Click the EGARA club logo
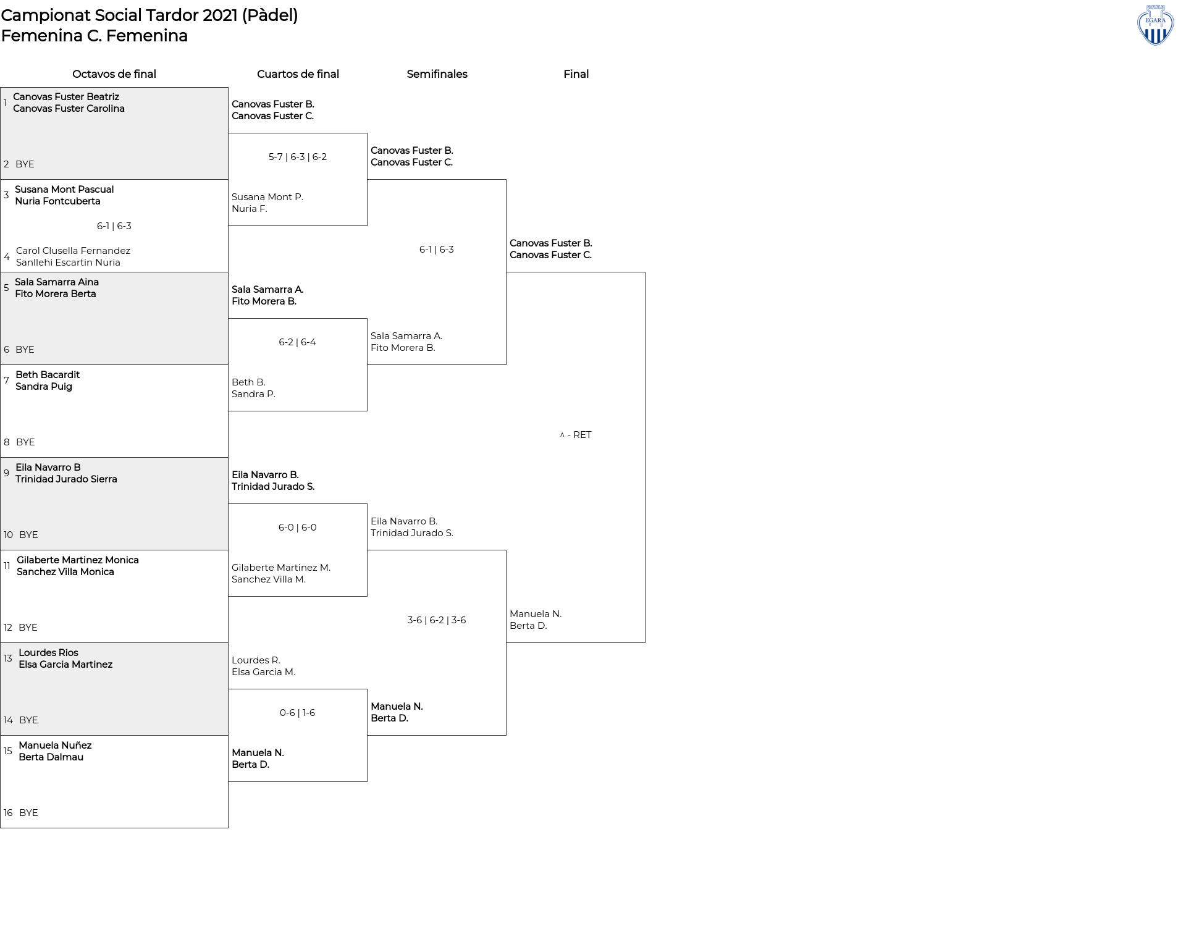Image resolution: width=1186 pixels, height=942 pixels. point(1155,25)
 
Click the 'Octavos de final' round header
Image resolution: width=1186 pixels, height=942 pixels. point(114,74)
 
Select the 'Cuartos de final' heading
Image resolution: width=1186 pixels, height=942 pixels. point(298,74)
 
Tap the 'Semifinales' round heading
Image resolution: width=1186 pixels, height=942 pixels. point(437,74)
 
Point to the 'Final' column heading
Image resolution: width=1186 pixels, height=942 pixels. point(576,74)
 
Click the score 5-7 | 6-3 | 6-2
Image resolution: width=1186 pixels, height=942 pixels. point(298,157)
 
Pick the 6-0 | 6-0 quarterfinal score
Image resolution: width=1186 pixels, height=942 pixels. point(298,528)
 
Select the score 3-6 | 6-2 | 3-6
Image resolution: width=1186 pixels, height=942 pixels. point(437,620)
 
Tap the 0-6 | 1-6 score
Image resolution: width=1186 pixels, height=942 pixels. point(298,713)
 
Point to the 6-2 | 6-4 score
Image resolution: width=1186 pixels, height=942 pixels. point(298,342)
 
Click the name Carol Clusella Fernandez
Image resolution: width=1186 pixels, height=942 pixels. point(73,251)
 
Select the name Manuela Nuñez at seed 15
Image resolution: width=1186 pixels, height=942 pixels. point(55,746)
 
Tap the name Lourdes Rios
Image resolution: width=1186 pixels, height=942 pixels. point(48,653)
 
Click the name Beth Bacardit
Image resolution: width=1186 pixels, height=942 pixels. point(48,375)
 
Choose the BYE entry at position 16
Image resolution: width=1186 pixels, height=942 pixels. point(28,813)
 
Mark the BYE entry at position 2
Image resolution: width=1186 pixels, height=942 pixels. point(25,164)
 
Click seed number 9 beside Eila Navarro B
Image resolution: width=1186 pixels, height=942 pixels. point(6,473)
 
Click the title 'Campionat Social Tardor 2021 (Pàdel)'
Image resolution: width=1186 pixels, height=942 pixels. point(149,15)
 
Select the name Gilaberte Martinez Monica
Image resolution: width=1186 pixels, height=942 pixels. point(78,560)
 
